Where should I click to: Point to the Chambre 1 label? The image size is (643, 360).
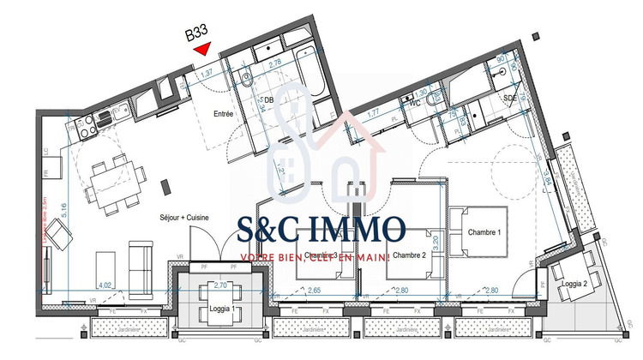tap(485, 233)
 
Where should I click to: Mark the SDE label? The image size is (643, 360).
tap(510, 99)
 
